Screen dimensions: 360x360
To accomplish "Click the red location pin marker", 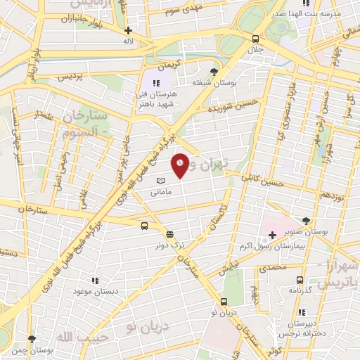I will pos(180,165).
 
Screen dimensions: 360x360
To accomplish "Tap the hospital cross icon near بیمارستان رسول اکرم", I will pos(272,233).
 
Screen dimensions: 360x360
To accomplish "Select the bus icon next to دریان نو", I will pos(224,301).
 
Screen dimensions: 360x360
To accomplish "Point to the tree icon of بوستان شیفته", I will pos(214,71).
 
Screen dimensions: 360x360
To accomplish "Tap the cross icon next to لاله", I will pos(128,30).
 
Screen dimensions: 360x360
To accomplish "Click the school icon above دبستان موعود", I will pos(96,280).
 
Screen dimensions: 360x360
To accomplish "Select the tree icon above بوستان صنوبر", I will pos(304,220).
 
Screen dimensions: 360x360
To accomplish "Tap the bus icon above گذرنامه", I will pos(300,279).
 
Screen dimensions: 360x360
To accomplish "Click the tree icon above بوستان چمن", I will pos(31,339).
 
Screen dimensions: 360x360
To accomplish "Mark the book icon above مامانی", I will pos(160,181).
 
